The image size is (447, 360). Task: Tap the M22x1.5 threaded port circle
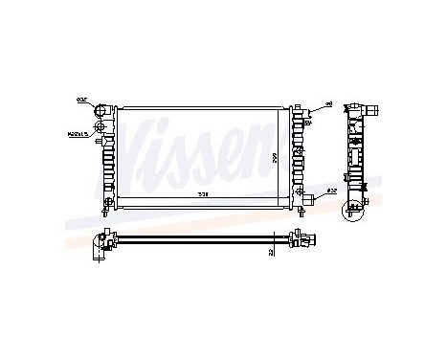(x=105, y=136)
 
